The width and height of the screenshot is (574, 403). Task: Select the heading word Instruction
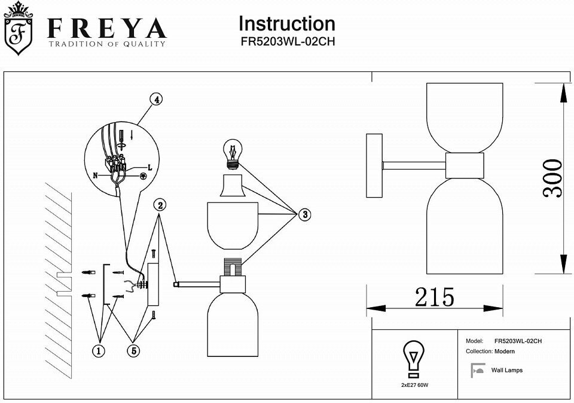coord(286,24)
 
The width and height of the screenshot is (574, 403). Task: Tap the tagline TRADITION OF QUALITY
coord(106,44)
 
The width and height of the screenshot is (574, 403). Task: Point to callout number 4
coord(155,100)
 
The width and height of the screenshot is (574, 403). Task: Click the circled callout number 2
coord(160,205)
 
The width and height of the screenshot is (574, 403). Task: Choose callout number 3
coord(304,214)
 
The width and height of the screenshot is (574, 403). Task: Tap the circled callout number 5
coord(133,352)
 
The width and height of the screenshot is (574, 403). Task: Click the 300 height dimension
coord(552,178)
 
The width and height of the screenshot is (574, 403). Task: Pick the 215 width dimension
coord(434,297)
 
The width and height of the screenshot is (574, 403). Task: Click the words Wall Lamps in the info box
coord(507,371)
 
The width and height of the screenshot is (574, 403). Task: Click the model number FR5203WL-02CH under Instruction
coord(286,43)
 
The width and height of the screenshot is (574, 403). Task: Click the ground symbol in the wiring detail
coord(143,176)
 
